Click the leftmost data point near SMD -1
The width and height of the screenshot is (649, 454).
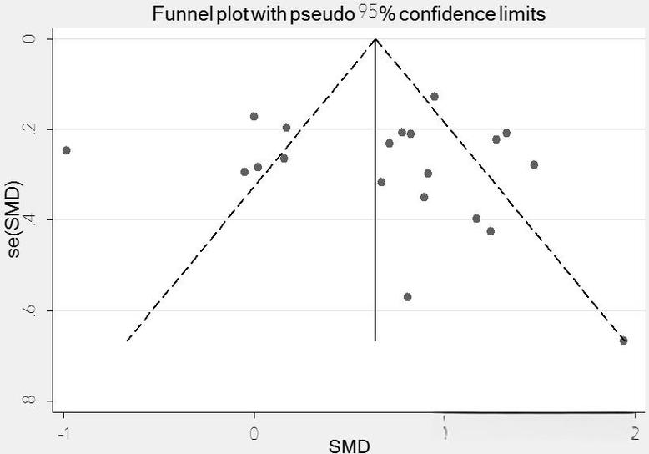click(x=67, y=150)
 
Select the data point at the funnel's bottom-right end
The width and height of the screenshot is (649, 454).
click(x=623, y=340)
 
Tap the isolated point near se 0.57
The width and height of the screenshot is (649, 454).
click(x=407, y=297)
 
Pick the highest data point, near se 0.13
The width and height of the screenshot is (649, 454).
click(x=434, y=97)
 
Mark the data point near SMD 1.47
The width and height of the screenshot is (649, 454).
click(x=534, y=164)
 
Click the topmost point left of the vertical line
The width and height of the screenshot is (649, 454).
click(x=254, y=116)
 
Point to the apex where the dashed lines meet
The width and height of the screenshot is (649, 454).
click(x=375, y=39)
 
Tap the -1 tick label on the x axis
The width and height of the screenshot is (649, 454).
click(x=62, y=433)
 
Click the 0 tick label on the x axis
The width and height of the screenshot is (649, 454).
click(x=254, y=433)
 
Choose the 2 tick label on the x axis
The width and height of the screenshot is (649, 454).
click(x=634, y=433)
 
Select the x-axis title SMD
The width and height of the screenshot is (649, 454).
click(x=349, y=446)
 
